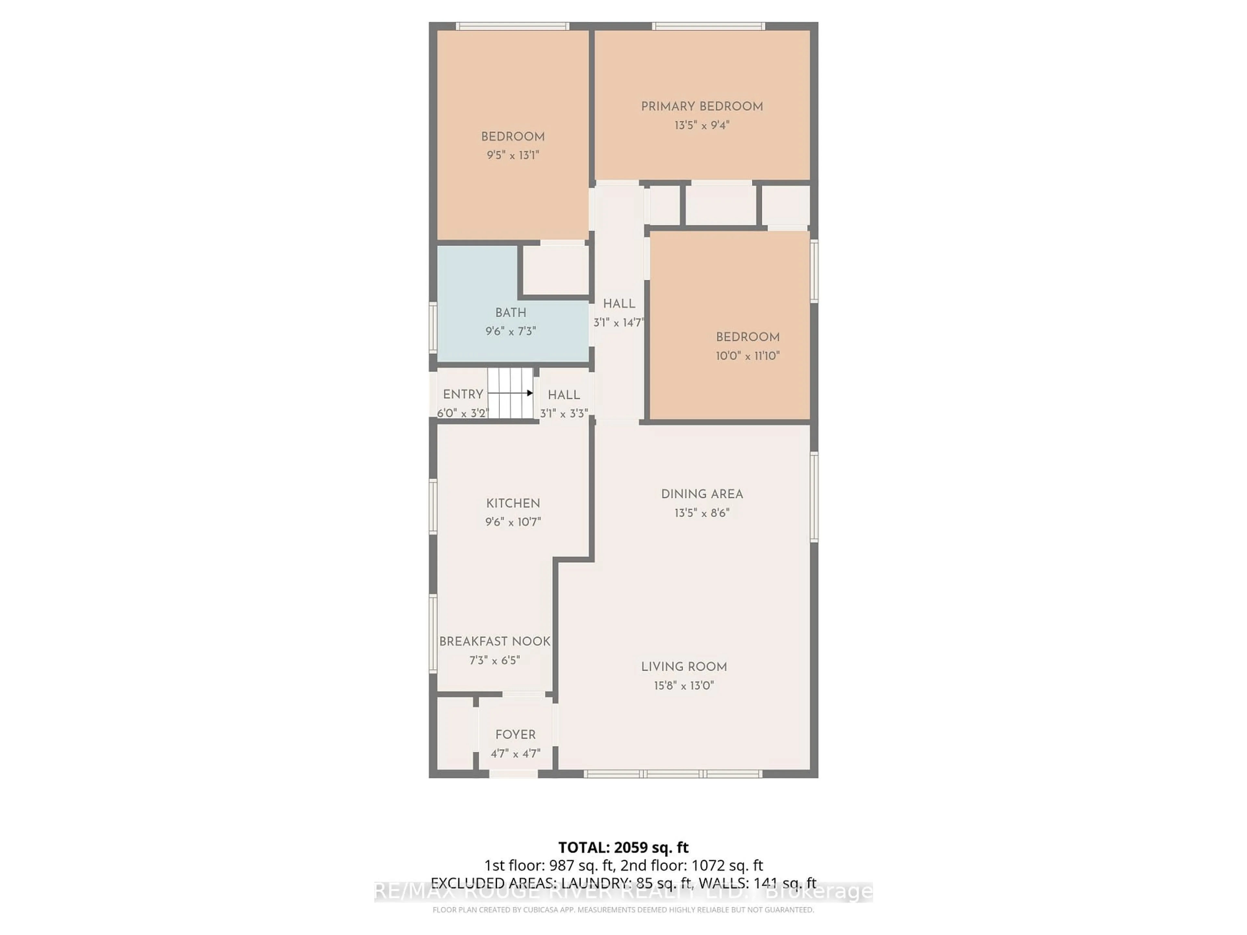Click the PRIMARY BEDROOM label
point(702,106)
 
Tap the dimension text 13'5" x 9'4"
point(702,125)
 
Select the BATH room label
point(511,313)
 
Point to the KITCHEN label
point(513,503)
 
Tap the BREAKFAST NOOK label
point(494,642)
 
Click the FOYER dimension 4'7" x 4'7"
point(515,754)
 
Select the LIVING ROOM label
point(684,667)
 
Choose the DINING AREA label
point(702,494)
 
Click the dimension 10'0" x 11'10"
point(748,355)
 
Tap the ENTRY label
point(463,394)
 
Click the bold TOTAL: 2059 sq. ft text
point(623,848)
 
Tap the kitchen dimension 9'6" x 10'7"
point(513,522)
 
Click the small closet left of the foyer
point(454,733)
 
